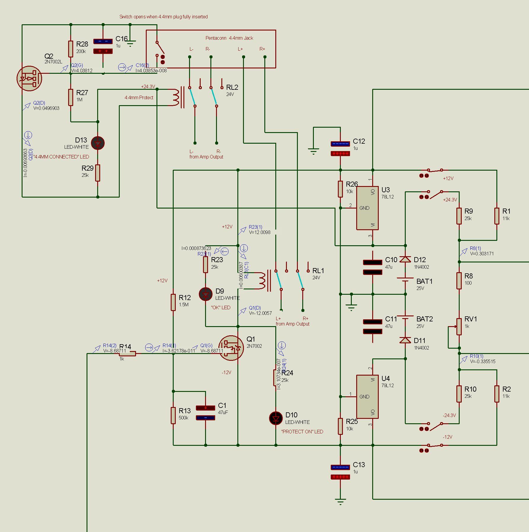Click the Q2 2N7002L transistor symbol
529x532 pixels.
coord(29,78)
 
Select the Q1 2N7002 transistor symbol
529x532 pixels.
coord(231,348)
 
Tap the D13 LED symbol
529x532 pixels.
coord(98,143)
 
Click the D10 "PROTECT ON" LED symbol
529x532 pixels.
coord(276,419)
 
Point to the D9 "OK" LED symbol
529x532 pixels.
coord(206,294)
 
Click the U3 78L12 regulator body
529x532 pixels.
coord(367,208)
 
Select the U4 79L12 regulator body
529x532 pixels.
coord(367,397)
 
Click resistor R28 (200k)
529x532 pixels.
coord(71,49)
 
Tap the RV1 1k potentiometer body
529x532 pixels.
coord(459,326)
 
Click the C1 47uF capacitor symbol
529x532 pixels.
coord(205,413)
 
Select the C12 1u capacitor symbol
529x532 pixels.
coord(340,149)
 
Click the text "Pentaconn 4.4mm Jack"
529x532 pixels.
coord(229,38)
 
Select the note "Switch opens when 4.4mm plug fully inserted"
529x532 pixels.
coord(163,17)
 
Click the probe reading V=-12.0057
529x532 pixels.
coord(260,313)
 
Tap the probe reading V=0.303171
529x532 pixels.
coord(482,254)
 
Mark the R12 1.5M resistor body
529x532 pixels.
coord(173,302)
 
